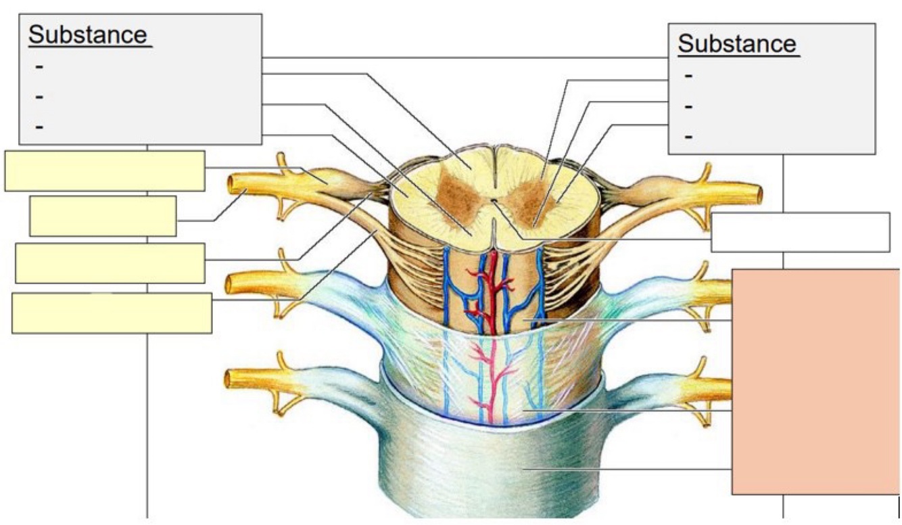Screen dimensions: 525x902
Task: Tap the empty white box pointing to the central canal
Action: click(800, 232)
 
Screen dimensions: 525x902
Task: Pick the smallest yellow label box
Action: click(103, 216)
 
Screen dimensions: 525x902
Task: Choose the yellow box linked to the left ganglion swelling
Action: click(105, 170)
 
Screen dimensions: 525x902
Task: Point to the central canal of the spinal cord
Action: click(494, 200)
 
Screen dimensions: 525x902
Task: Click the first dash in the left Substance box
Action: click(39, 66)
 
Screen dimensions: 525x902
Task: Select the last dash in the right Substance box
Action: click(688, 137)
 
